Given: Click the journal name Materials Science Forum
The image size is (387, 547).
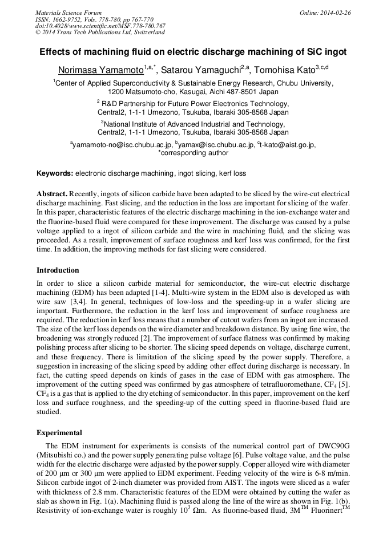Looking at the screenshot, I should coord(68,13).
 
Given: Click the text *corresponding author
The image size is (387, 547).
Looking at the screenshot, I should coord(193,153).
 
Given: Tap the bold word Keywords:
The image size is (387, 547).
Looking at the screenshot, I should coord(55,173).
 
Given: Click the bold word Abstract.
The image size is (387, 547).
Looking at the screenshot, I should coord(52,194).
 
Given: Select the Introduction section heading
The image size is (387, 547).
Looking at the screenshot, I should coord(58,270).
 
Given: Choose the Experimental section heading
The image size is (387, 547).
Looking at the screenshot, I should coord(59,432).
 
